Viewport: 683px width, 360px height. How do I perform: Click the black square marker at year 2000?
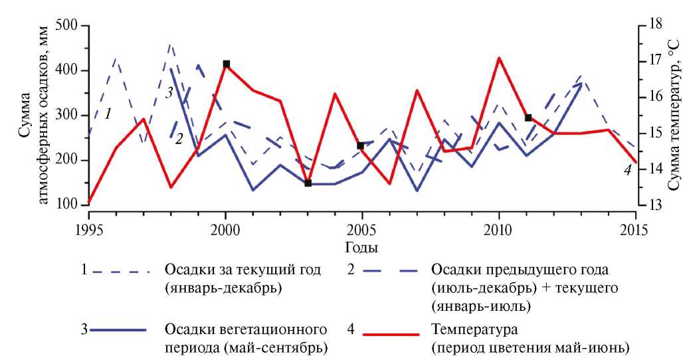226,64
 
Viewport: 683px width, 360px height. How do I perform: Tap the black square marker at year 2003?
308,183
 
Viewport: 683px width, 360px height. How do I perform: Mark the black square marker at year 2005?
361,145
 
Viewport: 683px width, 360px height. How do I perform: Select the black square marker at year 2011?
528,118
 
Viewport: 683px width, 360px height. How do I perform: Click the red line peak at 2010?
499,58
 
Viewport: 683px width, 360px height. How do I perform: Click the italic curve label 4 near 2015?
627,169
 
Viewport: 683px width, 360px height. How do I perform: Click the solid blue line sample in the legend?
121,330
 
